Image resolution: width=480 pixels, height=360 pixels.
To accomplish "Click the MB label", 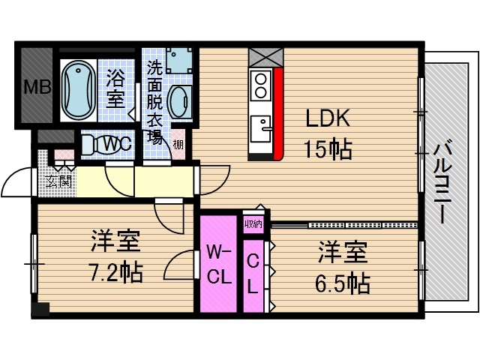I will [x=36, y=88].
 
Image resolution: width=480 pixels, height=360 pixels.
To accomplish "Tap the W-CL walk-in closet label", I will [x=217, y=264].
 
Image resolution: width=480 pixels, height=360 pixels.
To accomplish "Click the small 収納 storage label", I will [x=253, y=223].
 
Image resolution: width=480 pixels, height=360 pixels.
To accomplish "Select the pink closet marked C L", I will [x=253, y=274].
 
